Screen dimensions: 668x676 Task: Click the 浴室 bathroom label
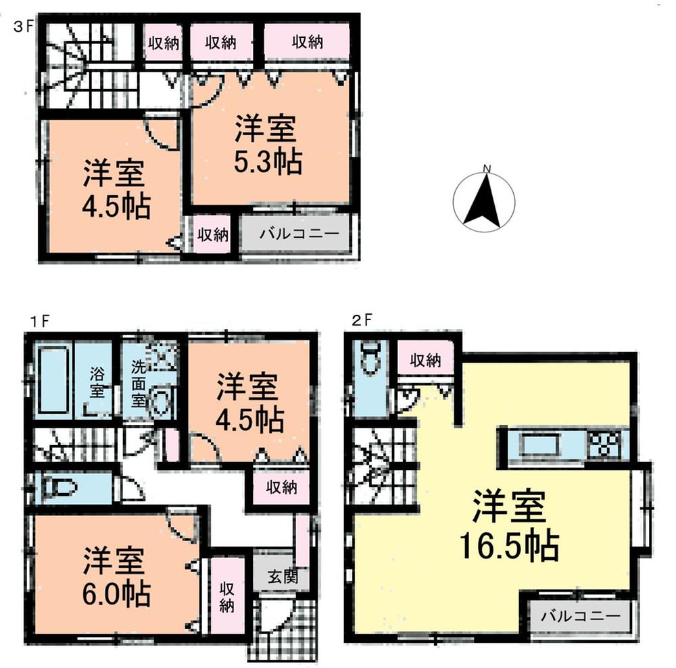97,382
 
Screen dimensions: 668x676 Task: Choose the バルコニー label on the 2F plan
581,616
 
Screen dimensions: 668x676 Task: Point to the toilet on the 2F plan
369,358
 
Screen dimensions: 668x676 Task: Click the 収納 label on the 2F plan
425,361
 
